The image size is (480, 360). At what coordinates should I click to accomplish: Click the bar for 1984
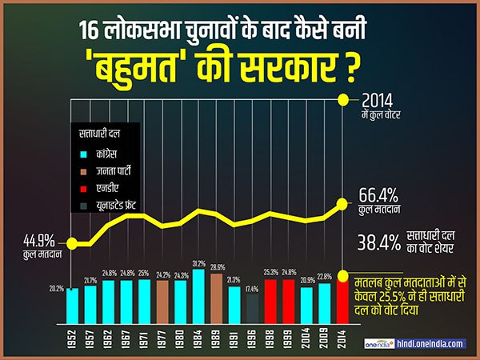(198, 296)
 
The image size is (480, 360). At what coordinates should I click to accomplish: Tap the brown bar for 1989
(217, 298)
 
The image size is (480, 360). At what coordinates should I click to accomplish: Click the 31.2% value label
(198, 263)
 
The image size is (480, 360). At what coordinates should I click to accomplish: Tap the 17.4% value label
(252, 288)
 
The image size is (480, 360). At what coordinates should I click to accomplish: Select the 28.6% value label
(217, 267)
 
